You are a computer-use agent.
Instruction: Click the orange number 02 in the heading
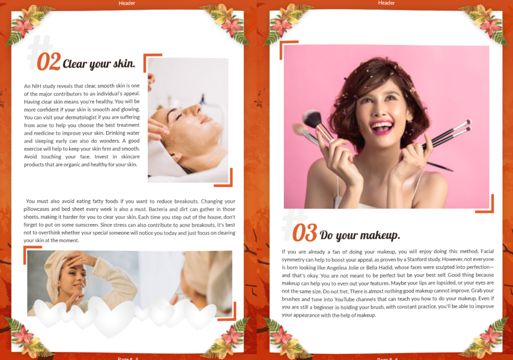click(x=49, y=62)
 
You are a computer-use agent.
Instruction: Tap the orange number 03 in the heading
click(x=305, y=233)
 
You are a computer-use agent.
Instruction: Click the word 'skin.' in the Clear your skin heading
click(x=125, y=63)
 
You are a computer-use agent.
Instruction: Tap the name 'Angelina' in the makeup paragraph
click(x=337, y=268)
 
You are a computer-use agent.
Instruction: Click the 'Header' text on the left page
click(x=127, y=3)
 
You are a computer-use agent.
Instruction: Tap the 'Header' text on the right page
click(x=386, y=3)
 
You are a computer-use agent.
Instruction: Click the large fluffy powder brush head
click(x=312, y=119)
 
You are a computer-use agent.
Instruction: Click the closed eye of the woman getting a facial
click(x=179, y=116)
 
